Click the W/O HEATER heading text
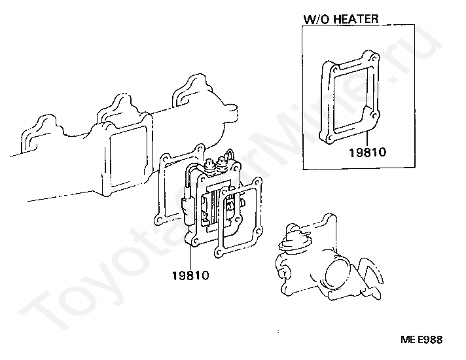(x=341, y=18)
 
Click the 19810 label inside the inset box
(x=368, y=153)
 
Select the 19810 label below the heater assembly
(x=190, y=276)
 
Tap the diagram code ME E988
(x=421, y=340)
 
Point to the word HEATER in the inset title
(x=356, y=18)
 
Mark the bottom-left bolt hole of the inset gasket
(x=327, y=135)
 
